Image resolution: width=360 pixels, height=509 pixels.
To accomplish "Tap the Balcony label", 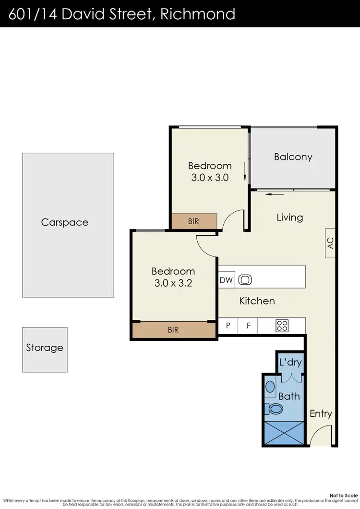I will tap(293, 157).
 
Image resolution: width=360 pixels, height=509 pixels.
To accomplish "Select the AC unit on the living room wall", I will tap(330, 243).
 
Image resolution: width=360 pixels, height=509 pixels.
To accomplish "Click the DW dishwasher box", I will tap(226, 280).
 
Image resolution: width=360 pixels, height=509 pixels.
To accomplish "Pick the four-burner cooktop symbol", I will tap(282, 326).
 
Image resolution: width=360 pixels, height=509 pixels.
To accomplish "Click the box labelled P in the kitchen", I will tap(228, 326).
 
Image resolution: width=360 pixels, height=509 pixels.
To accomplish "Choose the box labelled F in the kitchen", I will tap(249, 326).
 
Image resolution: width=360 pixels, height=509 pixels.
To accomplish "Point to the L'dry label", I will tap(290, 363).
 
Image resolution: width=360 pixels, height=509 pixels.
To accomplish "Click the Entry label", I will tap(321, 413).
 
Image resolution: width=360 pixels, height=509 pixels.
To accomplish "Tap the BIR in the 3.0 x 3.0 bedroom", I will tap(194, 221).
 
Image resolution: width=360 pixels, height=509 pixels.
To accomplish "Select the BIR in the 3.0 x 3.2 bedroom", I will tap(173, 330).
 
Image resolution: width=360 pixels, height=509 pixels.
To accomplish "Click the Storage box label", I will tap(45, 348).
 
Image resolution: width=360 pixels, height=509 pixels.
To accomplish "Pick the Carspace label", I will tap(65, 222).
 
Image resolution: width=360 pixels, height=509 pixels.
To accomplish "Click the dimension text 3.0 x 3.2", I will tap(173, 283).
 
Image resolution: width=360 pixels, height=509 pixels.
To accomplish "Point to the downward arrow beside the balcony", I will tap(245, 172).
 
